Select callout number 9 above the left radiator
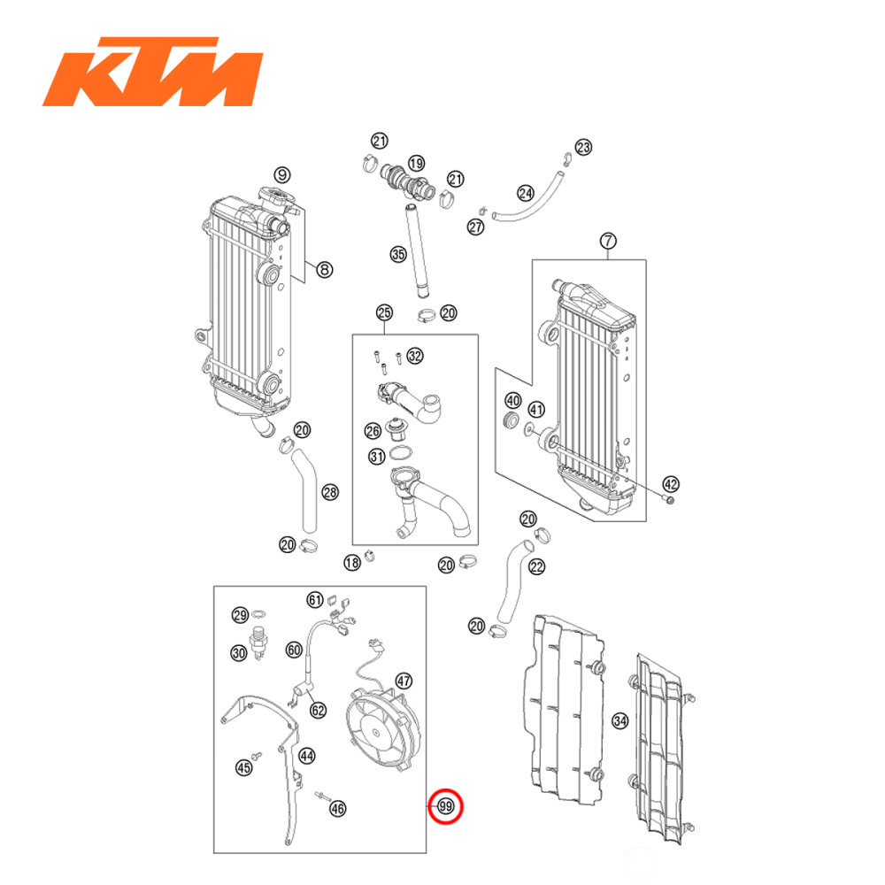[257, 174]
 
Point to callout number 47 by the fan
[404, 681]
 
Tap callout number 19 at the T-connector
[415, 164]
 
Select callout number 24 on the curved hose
[526, 193]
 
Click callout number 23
[582, 147]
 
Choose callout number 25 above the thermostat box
[384, 312]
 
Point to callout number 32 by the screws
[415, 356]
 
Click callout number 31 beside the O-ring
[377, 457]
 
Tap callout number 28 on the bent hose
[329, 492]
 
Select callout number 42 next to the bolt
[671, 484]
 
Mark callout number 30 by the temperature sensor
[239, 653]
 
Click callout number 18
[352, 562]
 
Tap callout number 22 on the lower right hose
[536, 567]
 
